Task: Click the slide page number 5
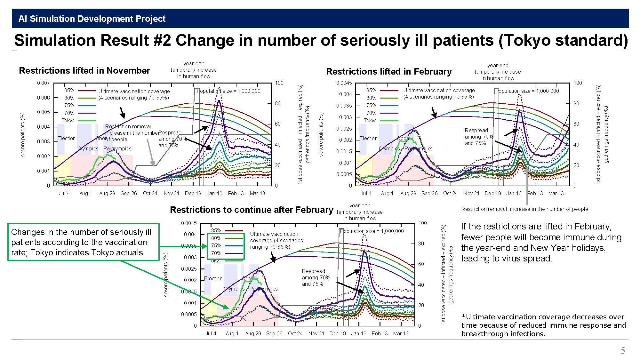[622, 351]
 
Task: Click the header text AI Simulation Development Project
[92, 19]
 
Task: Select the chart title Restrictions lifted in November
[84, 71]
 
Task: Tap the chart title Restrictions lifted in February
[388, 72]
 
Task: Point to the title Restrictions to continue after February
[251, 210]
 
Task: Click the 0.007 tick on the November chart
[43, 83]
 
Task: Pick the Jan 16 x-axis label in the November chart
[214, 194]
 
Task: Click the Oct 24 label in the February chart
[450, 194]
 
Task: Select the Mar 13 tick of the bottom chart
[401, 334]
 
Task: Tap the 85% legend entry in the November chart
[69, 91]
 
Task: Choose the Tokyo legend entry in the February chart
[370, 121]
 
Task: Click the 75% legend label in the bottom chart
[216, 246]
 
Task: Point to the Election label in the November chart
[66, 139]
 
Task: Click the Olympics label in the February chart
[389, 149]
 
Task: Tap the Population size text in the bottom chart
[372, 231]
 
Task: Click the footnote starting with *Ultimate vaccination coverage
[543, 325]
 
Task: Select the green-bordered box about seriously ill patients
[83, 242]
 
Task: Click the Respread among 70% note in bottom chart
[316, 277]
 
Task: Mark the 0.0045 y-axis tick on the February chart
[344, 83]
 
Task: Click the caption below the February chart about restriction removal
[524, 209]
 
